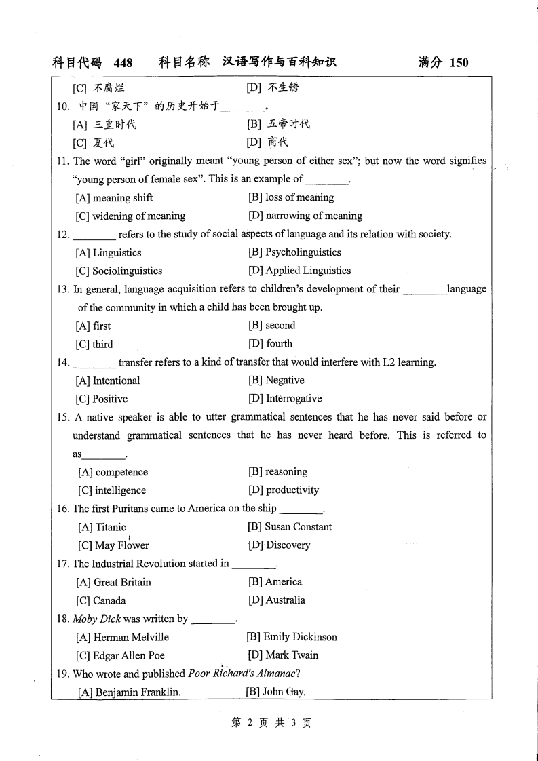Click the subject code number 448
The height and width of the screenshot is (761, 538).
click(x=123, y=63)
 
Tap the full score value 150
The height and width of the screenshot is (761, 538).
click(x=459, y=63)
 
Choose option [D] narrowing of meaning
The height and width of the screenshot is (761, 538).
click(x=305, y=216)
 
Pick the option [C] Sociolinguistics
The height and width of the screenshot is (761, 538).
click(x=119, y=271)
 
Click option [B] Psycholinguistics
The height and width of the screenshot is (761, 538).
click(x=294, y=252)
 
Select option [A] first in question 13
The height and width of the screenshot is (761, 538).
click(x=94, y=326)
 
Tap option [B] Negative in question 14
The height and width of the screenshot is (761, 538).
click(x=276, y=380)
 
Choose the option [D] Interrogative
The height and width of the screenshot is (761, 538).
click(x=285, y=399)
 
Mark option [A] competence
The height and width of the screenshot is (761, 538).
click(x=113, y=472)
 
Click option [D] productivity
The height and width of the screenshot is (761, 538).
click(x=283, y=490)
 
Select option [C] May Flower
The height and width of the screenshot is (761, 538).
click(x=113, y=545)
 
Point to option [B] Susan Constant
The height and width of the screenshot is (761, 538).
click(x=290, y=527)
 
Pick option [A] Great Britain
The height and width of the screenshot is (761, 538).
click(x=113, y=582)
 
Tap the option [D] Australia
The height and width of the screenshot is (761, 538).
click(x=276, y=600)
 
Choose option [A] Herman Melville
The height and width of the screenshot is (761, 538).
click(x=122, y=637)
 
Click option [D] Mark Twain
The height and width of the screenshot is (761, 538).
click(x=282, y=655)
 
